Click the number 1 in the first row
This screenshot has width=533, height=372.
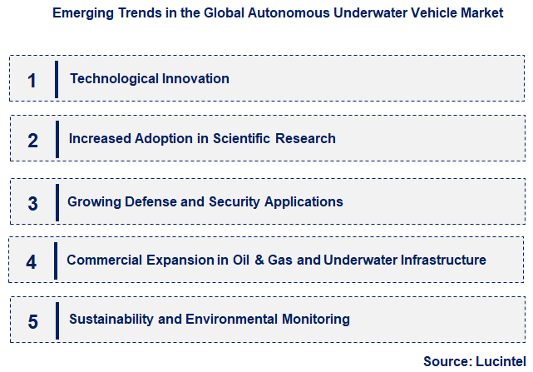32,81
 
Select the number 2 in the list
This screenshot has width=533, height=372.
32,140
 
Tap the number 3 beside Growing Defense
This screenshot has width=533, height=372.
32,203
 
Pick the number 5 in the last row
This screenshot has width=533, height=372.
32,321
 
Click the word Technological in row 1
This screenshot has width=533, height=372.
110,79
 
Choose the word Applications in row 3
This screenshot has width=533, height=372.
302,201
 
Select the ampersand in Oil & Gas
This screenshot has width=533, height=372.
259,260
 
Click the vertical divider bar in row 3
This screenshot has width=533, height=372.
57,202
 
